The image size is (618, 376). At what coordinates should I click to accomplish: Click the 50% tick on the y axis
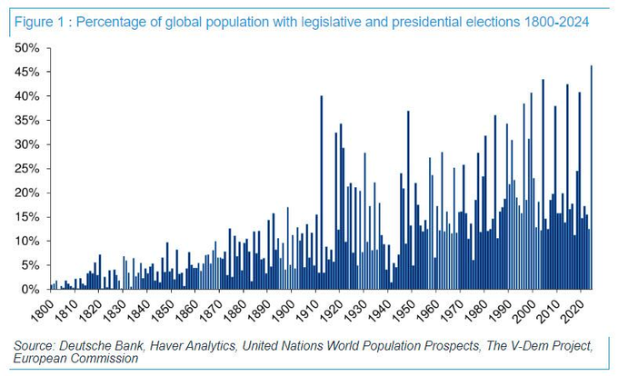(25, 47)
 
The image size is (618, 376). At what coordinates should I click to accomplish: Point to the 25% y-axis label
(25, 168)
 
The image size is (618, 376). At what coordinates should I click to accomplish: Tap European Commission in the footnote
(77, 358)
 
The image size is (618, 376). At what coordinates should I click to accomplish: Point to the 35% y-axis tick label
(25, 120)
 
